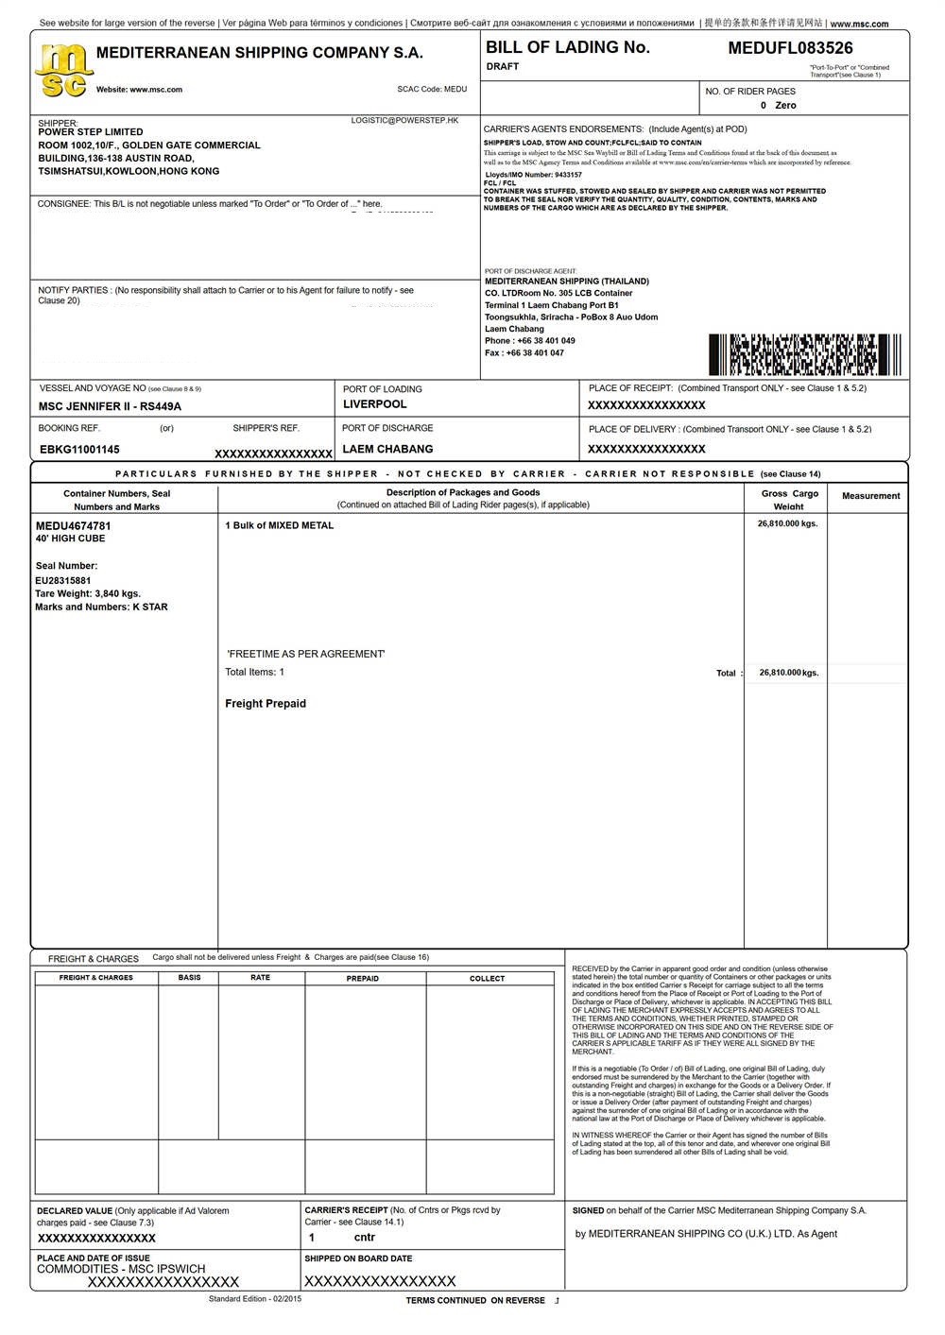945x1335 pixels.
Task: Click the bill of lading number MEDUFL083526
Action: point(790,48)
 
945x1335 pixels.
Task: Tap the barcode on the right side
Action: point(804,355)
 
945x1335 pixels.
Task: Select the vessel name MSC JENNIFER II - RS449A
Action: point(110,406)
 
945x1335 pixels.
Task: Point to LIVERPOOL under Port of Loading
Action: point(375,404)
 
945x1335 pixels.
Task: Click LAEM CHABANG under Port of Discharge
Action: point(387,449)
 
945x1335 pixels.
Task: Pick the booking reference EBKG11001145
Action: point(79,450)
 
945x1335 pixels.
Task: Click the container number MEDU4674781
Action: point(74,525)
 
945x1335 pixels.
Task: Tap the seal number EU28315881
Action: point(63,580)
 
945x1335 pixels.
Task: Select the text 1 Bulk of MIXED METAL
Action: point(280,525)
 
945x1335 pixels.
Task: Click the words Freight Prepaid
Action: point(266,704)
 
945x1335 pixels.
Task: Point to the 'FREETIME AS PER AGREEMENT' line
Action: point(306,654)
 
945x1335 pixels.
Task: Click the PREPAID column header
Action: point(363,979)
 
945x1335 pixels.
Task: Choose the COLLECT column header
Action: point(488,979)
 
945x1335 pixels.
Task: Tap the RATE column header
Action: point(261,978)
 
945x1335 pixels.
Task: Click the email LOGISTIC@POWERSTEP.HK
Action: point(404,121)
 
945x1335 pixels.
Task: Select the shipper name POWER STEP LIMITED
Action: point(91,132)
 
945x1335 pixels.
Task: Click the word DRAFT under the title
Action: point(503,67)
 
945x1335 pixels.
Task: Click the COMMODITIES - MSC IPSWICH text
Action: point(121,1269)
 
